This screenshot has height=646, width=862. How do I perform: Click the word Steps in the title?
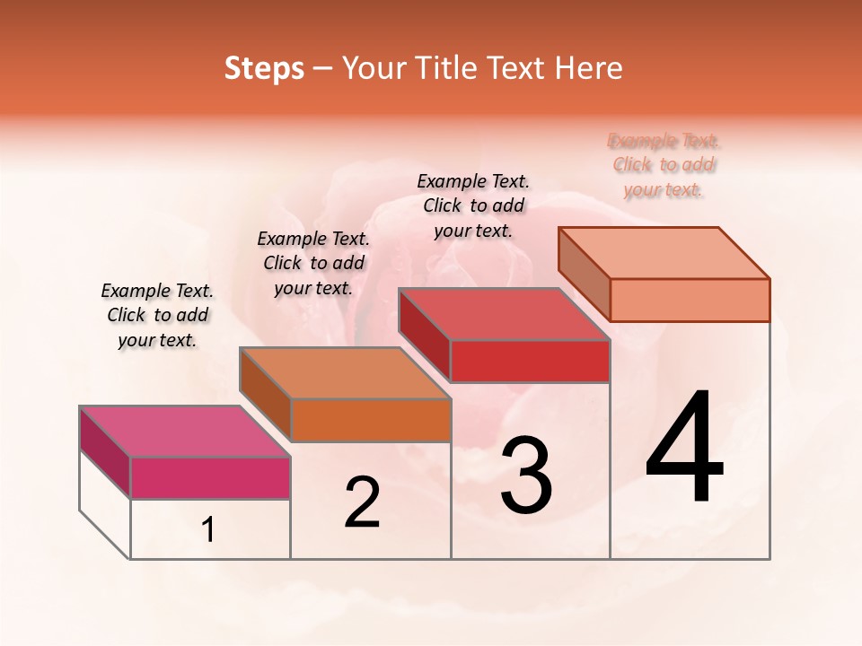(x=264, y=68)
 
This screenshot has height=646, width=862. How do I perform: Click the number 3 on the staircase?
(x=526, y=476)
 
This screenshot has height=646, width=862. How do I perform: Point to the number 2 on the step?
(x=362, y=502)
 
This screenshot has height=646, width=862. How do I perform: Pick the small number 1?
(x=208, y=530)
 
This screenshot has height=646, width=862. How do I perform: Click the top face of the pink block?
(x=184, y=432)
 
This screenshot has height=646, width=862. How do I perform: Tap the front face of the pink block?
(x=210, y=477)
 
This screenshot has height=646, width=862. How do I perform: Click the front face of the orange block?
(x=370, y=420)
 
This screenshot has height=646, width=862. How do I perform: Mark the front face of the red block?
(x=530, y=361)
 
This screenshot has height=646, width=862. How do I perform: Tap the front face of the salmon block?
(x=690, y=300)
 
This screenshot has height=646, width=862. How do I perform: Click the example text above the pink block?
(x=157, y=316)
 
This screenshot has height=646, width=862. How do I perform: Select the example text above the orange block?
(x=313, y=264)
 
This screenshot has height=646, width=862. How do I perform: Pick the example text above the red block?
(x=473, y=206)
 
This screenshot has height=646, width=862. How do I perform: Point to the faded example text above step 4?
(x=664, y=165)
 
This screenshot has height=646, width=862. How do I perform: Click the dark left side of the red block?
(x=424, y=335)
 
